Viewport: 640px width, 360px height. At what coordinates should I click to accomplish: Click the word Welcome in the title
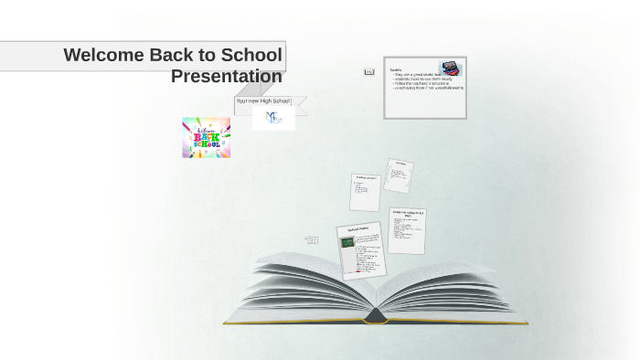(x=104, y=55)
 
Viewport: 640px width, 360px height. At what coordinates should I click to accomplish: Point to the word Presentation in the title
(x=226, y=76)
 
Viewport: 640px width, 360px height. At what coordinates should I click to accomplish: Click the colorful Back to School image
(x=206, y=138)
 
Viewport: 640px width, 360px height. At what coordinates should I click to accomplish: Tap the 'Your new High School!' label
(x=262, y=101)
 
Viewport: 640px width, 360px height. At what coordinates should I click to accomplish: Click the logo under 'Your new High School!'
(x=273, y=118)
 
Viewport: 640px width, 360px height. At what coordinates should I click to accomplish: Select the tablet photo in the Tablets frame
(x=450, y=69)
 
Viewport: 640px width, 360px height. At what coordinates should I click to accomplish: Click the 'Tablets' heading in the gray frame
(x=396, y=69)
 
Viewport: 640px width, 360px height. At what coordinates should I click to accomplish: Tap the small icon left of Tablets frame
(x=369, y=71)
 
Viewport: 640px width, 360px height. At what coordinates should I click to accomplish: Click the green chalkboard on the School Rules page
(x=347, y=242)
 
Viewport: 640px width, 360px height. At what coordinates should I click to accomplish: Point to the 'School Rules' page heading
(x=357, y=230)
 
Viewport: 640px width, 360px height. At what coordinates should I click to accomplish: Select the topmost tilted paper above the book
(x=398, y=175)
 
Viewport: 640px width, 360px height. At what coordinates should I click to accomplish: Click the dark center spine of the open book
(x=376, y=315)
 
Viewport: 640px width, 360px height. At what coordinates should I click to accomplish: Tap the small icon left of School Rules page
(x=312, y=239)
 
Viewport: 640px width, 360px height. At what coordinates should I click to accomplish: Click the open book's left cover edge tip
(x=225, y=323)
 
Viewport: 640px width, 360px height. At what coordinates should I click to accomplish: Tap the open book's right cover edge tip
(x=527, y=323)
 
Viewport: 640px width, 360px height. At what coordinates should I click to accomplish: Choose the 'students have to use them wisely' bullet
(x=423, y=79)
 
